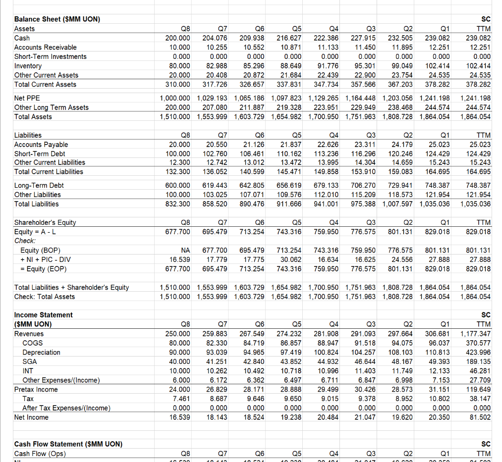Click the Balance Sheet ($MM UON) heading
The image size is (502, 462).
coord(57,19)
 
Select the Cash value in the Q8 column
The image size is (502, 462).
coord(177,38)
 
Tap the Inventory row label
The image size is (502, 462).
coord(28,66)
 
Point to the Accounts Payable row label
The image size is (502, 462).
coord(41,145)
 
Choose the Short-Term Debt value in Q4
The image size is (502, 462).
coord(327,154)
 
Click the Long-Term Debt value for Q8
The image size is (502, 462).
coord(177,185)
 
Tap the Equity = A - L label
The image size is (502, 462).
coord(34,232)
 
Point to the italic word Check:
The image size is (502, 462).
coord(25,241)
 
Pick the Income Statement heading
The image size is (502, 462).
coord(43,315)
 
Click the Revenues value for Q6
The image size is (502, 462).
coord(252,334)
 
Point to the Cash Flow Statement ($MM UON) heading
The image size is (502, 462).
coord(68,444)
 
